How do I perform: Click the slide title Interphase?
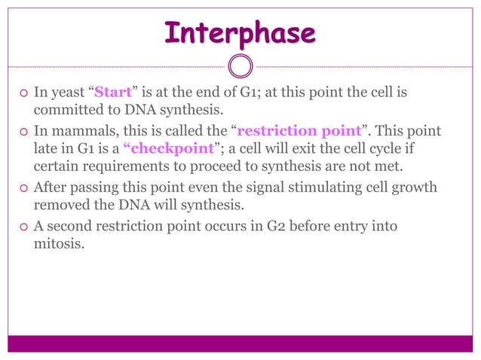point(240,33)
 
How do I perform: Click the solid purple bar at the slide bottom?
point(240,343)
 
